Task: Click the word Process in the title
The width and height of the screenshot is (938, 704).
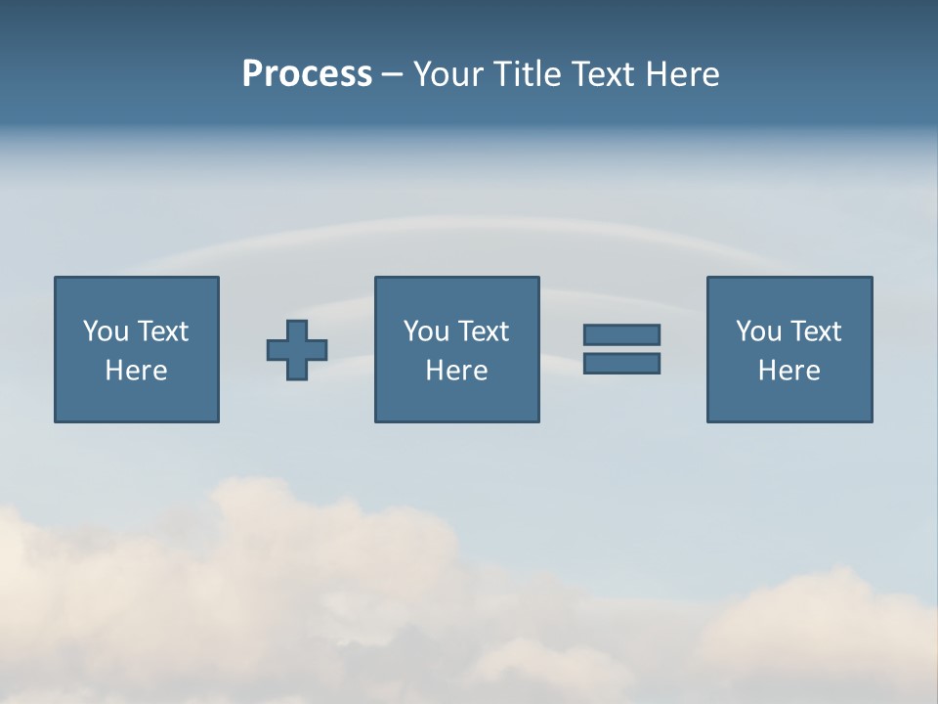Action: pyautogui.click(x=307, y=74)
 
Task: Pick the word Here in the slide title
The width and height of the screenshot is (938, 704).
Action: pyautogui.click(x=684, y=74)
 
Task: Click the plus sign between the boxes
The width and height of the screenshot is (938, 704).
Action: pyautogui.click(x=297, y=350)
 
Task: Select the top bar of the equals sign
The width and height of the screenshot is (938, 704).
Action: pyautogui.click(x=621, y=334)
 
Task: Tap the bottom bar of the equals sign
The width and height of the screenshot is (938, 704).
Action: pyautogui.click(x=621, y=363)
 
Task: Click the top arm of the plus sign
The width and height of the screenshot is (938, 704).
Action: pyautogui.click(x=297, y=330)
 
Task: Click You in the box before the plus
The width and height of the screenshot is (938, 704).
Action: pyautogui.click(x=106, y=331)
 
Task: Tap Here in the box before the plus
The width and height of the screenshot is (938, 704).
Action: pyautogui.click(x=137, y=371)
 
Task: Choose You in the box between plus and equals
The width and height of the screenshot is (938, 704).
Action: pyautogui.click(x=426, y=331)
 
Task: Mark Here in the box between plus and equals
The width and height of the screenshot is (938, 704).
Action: pyautogui.click(x=457, y=371)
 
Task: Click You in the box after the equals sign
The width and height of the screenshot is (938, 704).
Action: pyautogui.click(x=758, y=331)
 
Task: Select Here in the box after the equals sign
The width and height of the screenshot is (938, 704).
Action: pyautogui.click(x=789, y=371)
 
